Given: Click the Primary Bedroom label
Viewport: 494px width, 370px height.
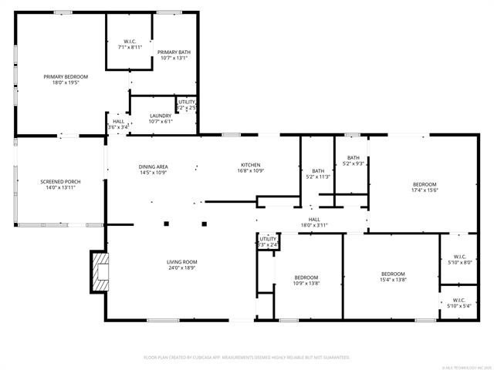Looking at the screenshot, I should coord(66,76).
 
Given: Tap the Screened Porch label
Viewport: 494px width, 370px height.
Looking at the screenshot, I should coord(60,182).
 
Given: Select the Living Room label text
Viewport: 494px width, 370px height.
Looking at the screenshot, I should coord(182,262).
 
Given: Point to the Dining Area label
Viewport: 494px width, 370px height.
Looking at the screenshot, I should coord(153,166).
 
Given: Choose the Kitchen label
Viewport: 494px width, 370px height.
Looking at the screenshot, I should coord(250,165).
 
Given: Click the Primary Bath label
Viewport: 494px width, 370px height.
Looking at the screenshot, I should coord(174,52).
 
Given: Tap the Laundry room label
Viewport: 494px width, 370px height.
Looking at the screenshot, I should coord(161,116).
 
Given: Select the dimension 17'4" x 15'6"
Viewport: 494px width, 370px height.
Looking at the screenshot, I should coord(424,190).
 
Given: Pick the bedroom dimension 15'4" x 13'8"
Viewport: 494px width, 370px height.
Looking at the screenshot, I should coord(393,280).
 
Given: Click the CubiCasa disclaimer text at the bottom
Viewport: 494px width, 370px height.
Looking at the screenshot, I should coord(247,358).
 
